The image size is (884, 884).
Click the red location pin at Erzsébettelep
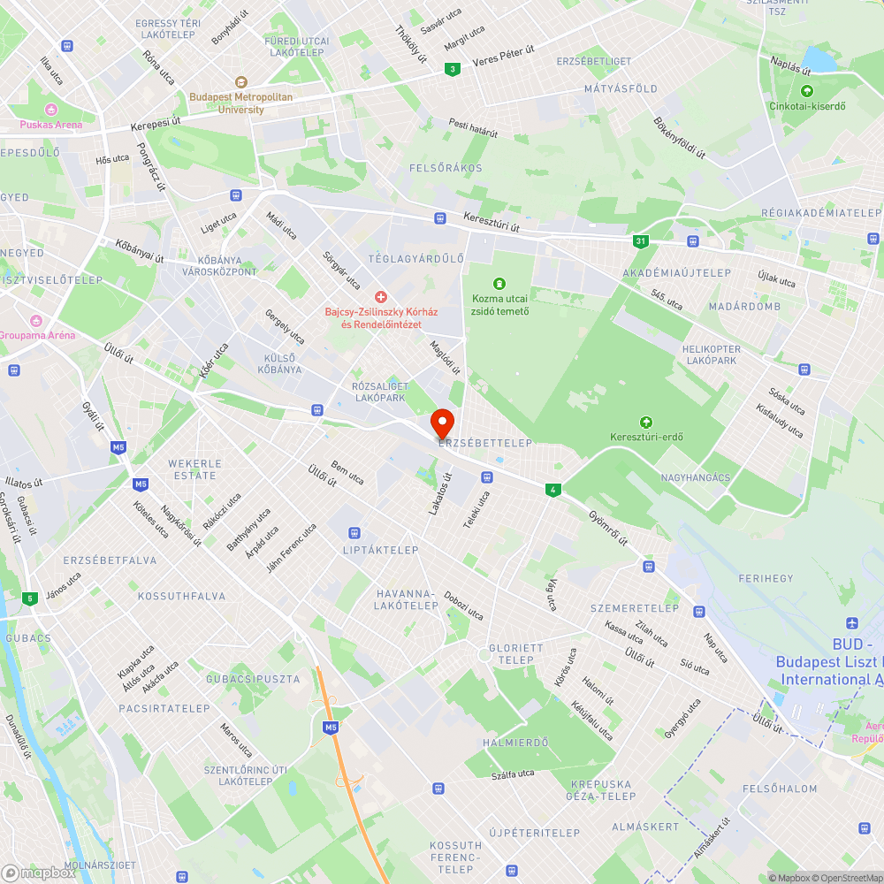(x=441, y=423)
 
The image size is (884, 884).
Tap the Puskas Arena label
(x=51, y=125)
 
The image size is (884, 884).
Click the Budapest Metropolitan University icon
(x=241, y=81)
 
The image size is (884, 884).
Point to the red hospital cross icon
(x=381, y=296)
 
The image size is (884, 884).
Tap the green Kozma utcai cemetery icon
(x=499, y=283)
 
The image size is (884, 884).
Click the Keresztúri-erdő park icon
(x=646, y=422)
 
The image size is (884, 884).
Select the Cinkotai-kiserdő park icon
(x=806, y=91)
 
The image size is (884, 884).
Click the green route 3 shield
(x=453, y=69)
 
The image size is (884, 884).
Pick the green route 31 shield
(x=640, y=240)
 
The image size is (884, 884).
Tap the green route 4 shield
(x=553, y=489)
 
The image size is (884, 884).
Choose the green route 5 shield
(x=31, y=598)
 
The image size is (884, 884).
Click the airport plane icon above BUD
(x=852, y=624)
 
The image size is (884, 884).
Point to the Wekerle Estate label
(x=194, y=469)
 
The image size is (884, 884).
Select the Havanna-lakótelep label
(x=406, y=599)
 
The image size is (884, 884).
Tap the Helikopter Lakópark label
(x=711, y=354)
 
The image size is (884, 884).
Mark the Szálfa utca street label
(x=513, y=774)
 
